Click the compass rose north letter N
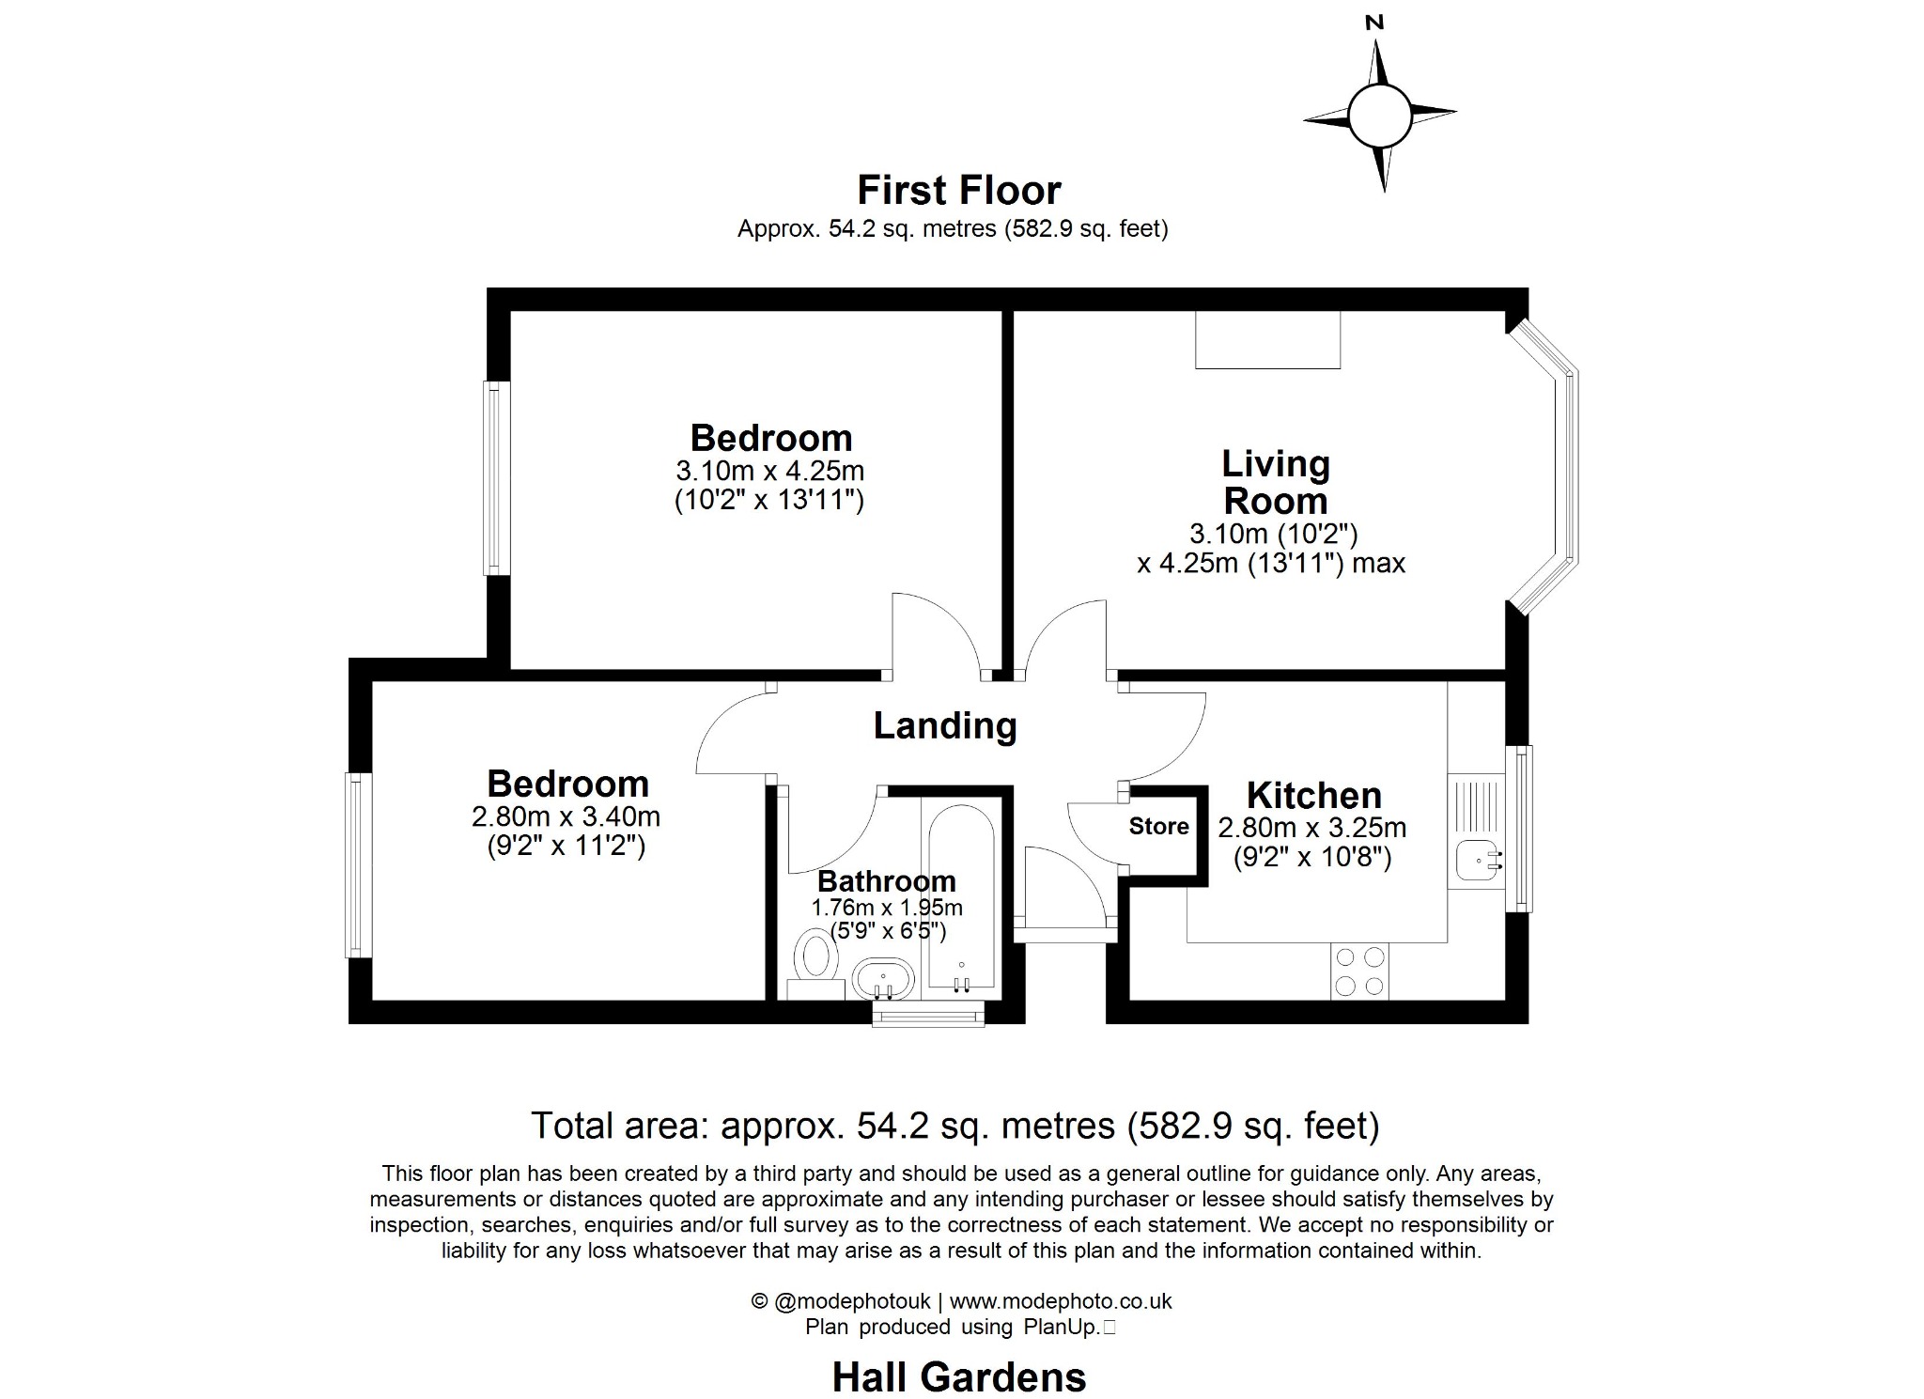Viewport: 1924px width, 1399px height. click(x=1374, y=23)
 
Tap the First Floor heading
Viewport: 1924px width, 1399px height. click(x=958, y=191)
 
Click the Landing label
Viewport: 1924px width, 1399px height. click(x=944, y=725)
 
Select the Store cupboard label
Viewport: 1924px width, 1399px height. click(x=1158, y=826)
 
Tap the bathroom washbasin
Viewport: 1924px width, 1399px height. click(x=883, y=980)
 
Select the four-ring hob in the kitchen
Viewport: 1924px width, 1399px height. click(x=1359, y=972)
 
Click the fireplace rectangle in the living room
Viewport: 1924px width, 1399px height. click(x=1267, y=340)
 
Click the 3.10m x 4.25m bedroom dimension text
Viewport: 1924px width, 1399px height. click(x=769, y=470)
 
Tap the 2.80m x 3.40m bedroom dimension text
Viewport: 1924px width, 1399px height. click(x=566, y=816)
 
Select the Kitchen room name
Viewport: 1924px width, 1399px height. click(x=1313, y=796)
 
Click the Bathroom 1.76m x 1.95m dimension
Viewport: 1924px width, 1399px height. click(x=887, y=908)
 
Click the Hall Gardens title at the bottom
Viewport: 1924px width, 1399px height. click(x=958, y=1377)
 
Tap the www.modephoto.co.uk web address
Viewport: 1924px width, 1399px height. click(x=1061, y=1301)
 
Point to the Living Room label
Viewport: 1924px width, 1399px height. click(x=1275, y=482)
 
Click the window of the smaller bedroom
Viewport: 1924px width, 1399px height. click(x=355, y=864)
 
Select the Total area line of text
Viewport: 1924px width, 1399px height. click(x=954, y=1125)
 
